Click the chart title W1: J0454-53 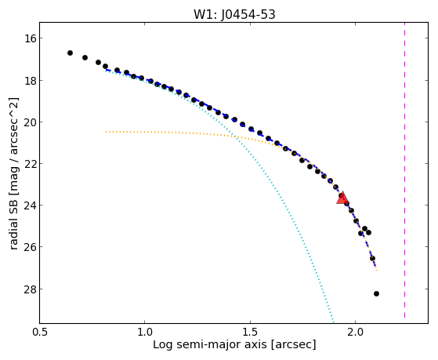pos(234,14)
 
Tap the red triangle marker pos(342,198)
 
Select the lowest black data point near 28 pos(376,293)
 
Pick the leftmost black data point pos(70,53)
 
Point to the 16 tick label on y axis pos(30,38)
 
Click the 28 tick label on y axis pos(30,289)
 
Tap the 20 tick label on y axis pos(30,122)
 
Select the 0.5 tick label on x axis pos(40,333)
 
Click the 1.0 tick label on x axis pos(145,333)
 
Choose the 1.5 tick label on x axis pos(250,333)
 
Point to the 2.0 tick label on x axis pos(355,333)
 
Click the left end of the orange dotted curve pos(106,132)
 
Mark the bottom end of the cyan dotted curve pos(333,322)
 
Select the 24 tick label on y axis pos(30,205)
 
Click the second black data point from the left pos(85,57)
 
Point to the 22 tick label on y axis pos(30,164)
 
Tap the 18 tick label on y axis pos(30,81)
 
